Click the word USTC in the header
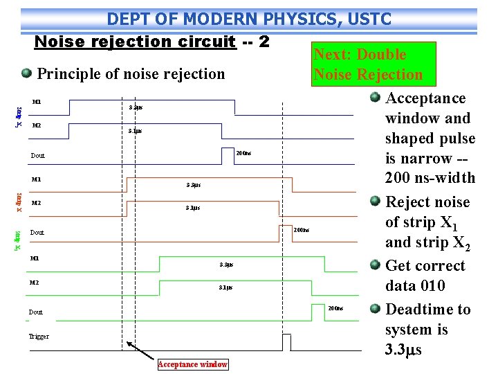tap(368, 19)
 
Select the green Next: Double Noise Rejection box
tap(368, 64)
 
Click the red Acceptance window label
tap(192, 364)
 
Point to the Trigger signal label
tap(39, 337)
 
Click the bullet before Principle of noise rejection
tap(26, 73)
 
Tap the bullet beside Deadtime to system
tap(375, 309)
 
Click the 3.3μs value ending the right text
tap(403, 349)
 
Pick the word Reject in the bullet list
tap(407, 202)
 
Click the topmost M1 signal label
tap(37, 103)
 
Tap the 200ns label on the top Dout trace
tap(243, 153)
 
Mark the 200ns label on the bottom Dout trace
tap(335, 308)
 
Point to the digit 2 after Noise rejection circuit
tap(264, 41)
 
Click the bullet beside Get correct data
tap(375, 266)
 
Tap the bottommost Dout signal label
tap(35, 312)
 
